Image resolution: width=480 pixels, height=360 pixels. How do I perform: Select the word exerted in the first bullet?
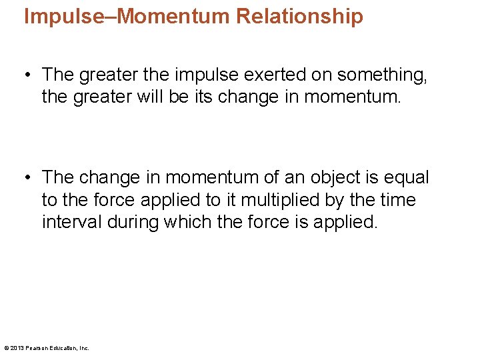tap(259, 75)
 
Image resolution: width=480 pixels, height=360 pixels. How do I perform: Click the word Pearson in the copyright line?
tap(37, 348)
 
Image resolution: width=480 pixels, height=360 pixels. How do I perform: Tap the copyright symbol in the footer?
tap(6, 348)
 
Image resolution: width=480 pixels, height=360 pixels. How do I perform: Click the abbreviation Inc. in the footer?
tap(84, 348)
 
